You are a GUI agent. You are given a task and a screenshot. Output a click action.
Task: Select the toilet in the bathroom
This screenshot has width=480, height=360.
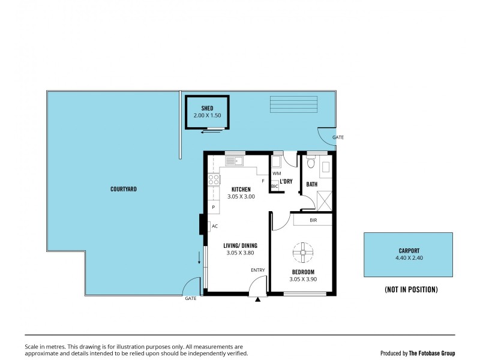pyautogui.click(x=310, y=163)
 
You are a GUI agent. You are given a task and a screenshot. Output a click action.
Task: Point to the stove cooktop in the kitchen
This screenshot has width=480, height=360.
pyautogui.click(x=213, y=179)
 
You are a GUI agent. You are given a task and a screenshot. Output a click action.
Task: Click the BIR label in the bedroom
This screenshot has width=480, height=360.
pyautogui.click(x=313, y=220)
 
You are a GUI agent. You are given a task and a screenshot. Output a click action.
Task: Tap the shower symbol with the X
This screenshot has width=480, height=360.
pyautogui.click(x=325, y=199)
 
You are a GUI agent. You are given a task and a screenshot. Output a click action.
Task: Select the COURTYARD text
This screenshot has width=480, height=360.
pyautogui.click(x=124, y=189)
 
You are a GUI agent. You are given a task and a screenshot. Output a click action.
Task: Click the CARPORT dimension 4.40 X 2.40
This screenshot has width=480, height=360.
pyautogui.click(x=408, y=258)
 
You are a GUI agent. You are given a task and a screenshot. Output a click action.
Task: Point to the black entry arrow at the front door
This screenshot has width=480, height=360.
pyautogui.click(x=258, y=299)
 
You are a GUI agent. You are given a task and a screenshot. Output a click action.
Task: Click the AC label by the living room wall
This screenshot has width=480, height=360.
pyautogui.click(x=214, y=226)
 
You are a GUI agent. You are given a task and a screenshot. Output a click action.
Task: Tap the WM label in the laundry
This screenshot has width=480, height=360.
pyautogui.click(x=276, y=173)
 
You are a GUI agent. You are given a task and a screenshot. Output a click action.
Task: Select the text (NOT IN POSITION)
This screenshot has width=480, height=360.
pyautogui.click(x=411, y=289)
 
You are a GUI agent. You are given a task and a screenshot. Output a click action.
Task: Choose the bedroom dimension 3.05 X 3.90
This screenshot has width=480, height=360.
pyautogui.click(x=302, y=279)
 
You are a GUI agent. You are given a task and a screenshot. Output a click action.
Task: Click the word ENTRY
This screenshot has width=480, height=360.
pyautogui.click(x=257, y=270)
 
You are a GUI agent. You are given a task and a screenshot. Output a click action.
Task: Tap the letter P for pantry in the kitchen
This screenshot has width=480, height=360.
pyautogui.click(x=213, y=207)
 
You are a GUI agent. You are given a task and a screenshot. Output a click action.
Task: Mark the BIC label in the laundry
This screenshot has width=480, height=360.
pyautogui.click(x=275, y=187)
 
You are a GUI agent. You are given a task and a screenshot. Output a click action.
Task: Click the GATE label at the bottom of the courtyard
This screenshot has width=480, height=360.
pyautogui.click(x=191, y=298)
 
